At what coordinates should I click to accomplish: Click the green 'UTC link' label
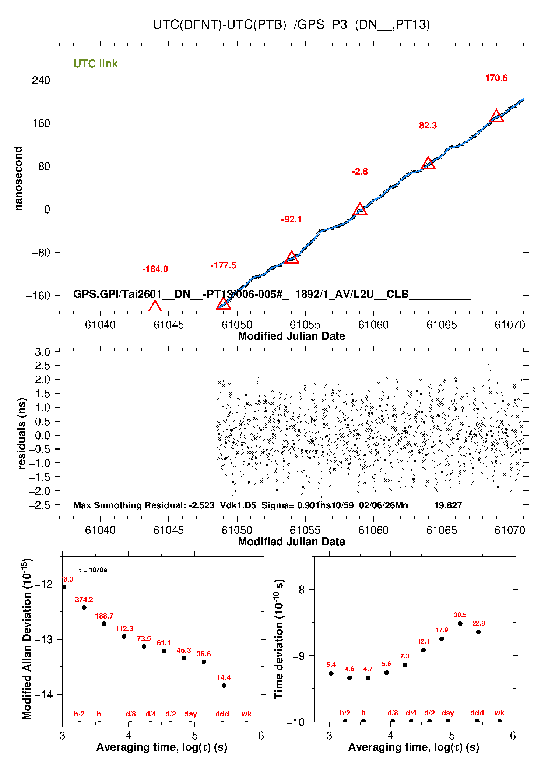95,64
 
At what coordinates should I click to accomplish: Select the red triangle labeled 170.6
496,116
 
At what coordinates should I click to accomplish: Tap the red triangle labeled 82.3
428,163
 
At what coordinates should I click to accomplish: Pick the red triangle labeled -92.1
291,258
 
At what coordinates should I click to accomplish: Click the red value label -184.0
155,269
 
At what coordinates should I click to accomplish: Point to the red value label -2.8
360,172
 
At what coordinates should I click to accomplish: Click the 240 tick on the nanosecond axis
41,80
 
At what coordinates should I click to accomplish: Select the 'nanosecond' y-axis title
18,178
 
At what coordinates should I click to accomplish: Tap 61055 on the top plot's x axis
305,325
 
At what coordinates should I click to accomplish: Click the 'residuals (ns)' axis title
22,433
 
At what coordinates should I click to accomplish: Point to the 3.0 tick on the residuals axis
42,352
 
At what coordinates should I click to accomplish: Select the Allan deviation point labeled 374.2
84,607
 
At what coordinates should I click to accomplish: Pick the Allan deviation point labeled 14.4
224,686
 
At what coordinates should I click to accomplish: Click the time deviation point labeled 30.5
460,624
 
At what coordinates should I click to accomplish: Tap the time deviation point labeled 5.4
331,673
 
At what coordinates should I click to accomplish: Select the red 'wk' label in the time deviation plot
499,713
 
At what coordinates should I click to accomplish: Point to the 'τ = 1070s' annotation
93,570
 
